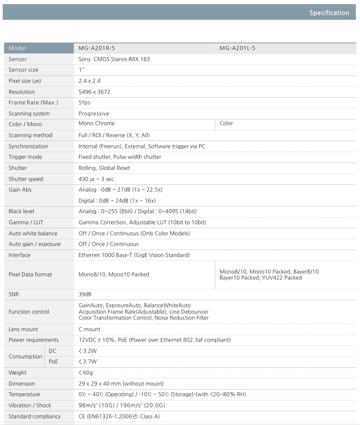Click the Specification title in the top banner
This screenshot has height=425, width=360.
(329, 13)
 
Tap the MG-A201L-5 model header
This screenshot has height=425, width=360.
(237, 48)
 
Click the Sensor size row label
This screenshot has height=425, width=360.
(24, 70)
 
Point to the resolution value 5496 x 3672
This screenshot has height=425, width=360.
(94, 92)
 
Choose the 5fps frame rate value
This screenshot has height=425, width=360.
(84, 103)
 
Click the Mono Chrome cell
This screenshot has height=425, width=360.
(97, 124)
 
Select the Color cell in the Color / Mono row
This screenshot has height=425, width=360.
(226, 124)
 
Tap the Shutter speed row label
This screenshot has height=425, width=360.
(26, 179)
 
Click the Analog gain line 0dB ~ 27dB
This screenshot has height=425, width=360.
(120, 190)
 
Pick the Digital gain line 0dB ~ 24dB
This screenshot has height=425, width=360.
(117, 201)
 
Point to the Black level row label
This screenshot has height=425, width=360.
(21, 212)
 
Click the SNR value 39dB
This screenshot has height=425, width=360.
(86, 294)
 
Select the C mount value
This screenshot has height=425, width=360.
(89, 330)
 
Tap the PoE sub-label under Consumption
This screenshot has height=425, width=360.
(53, 362)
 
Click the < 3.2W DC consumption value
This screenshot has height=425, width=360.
(88, 351)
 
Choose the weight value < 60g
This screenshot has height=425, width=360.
(86, 373)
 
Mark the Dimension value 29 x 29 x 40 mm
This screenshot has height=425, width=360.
(121, 384)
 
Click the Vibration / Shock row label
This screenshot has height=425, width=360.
(30, 406)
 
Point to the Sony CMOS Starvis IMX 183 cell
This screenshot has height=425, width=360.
(114, 59)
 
